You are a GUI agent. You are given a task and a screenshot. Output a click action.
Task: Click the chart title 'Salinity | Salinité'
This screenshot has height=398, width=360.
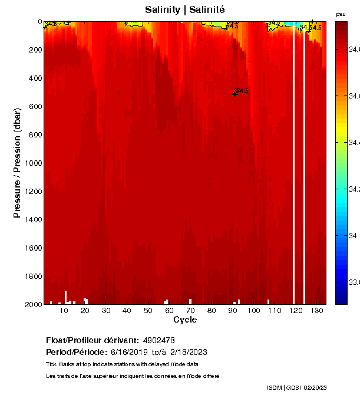[x=184, y=10]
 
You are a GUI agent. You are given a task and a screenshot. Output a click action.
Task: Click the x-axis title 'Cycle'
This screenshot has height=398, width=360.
[x=185, y=320]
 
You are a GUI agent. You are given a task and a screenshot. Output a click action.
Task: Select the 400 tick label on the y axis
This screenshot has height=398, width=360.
[x=34, y=78]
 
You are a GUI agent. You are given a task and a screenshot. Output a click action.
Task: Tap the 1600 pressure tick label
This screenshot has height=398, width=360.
[x=31, y=248]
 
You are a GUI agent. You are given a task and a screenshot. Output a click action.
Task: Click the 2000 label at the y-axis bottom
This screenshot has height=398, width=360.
[x=31, y=304]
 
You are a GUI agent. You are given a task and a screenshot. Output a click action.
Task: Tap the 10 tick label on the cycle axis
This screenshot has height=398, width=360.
[x=64, y=310]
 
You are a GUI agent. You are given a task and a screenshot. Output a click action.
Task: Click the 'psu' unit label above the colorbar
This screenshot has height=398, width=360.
[x=341, y=14]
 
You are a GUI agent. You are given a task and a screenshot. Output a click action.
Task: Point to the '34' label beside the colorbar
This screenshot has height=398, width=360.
[x=354, y=235]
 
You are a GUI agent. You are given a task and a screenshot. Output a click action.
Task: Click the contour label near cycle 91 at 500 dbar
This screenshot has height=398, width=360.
[x=241, y=91]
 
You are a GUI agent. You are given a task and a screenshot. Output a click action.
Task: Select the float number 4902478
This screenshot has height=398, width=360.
[x=158, y=340]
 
